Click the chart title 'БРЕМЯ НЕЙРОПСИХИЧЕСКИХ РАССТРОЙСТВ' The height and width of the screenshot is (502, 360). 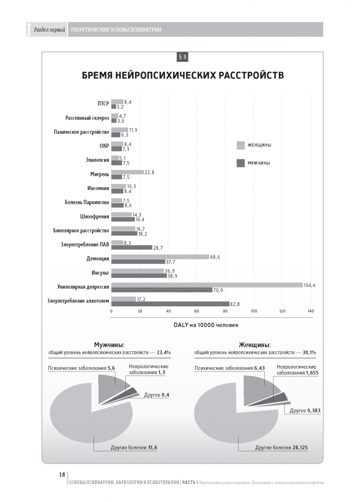tap(183, 75)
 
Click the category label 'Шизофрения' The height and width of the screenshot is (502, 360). tap(95, 216)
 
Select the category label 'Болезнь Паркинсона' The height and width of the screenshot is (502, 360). tap(87, 202)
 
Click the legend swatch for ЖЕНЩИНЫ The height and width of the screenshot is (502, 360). tap(240, 145)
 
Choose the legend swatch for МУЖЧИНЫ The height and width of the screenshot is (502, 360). tap(240, 163)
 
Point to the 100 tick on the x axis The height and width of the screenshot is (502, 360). tap(254, 311)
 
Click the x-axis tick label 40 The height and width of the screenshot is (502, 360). tap(168, 311)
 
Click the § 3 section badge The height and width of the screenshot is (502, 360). tap(182, 57)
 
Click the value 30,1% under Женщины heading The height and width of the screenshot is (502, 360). tap(309, 353)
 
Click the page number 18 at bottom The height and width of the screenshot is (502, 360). tap(62, 475)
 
